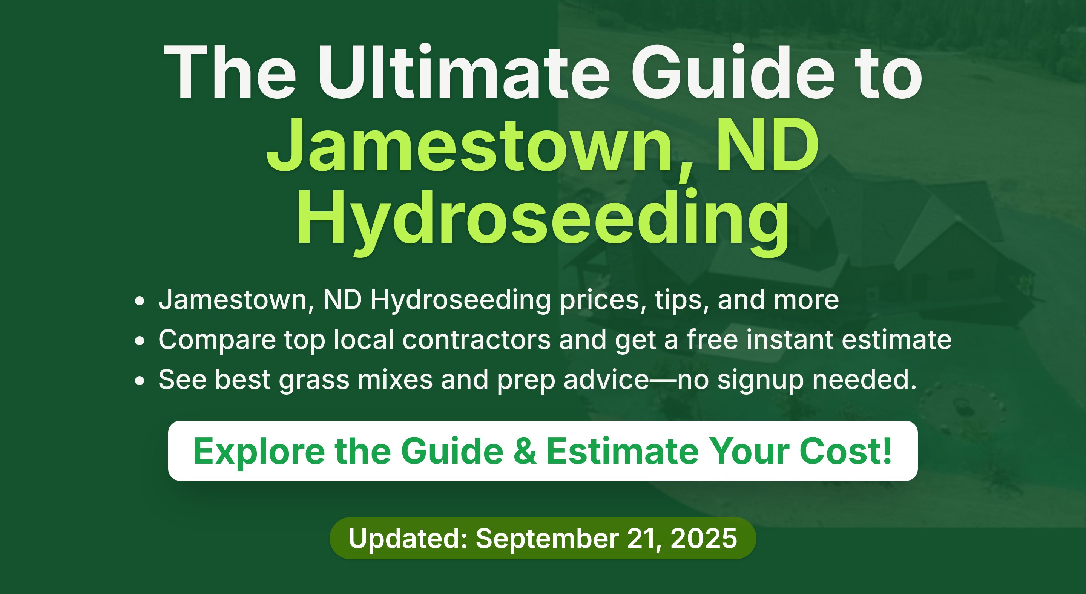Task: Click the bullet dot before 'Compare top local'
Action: click(x=140, y=341)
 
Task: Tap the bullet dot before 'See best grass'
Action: click(x=140, y=381)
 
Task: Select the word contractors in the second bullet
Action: click(x=476, y=340)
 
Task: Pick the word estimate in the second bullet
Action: click(x=897, y=340)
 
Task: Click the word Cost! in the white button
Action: click(x=846, y=451)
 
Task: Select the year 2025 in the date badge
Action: click(x=704, y=538)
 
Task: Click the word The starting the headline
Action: click(x=230, y=72)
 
